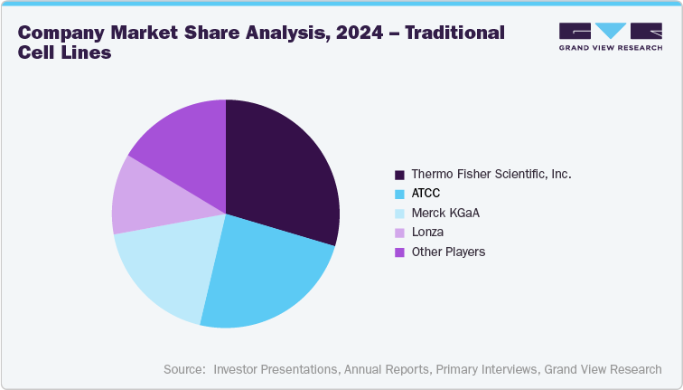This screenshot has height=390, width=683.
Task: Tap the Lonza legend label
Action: (426, 233)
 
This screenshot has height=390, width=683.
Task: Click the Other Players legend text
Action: (448, 252)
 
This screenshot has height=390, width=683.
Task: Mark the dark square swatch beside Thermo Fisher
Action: (398, 174)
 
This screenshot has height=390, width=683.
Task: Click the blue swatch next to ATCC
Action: (398, 194)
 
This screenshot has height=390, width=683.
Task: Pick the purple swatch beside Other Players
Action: (398, 252)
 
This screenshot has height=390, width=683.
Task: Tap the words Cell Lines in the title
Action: (64, 52)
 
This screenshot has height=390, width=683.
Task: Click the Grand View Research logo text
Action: (610, 47)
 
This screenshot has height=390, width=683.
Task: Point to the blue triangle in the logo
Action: (611, 31)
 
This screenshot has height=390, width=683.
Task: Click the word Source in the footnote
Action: (183, 369)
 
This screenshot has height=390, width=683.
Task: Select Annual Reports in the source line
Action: (386, 369)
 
